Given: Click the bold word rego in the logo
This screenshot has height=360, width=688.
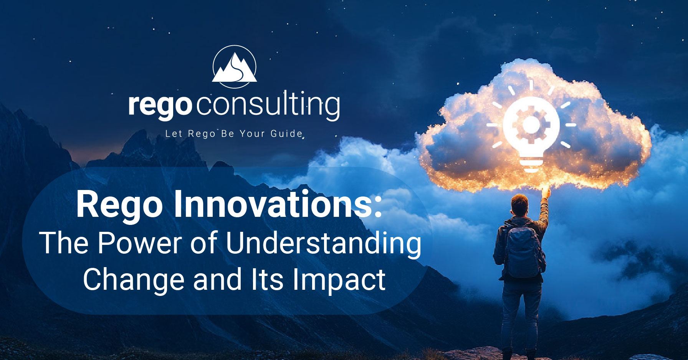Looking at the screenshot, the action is [160, 105].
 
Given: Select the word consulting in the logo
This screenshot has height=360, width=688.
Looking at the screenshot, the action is [268, 103].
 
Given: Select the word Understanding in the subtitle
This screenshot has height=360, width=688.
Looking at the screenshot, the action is [323, 243].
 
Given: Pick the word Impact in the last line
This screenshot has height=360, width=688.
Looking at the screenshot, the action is [339, 280].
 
